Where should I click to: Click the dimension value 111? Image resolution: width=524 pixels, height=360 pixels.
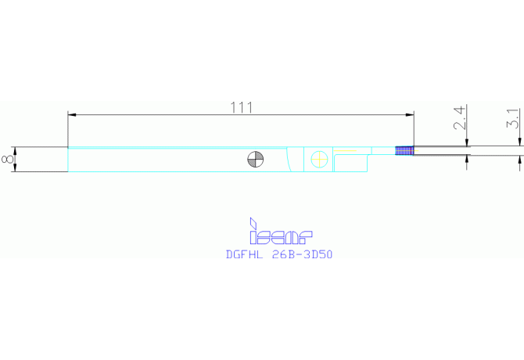[242, 108]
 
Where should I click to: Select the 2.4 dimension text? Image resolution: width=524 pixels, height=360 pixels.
[460, 117]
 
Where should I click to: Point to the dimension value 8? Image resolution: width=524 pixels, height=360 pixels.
[7, 159]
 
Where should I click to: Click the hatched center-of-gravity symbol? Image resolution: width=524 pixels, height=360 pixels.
[256, 159]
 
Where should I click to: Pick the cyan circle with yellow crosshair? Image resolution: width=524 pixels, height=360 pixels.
[319, 159]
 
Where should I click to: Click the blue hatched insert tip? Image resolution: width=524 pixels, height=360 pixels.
[404, 151]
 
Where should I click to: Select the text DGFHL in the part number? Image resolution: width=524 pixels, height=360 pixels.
[244, 254]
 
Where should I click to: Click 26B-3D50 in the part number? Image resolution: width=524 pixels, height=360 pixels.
[303, 254]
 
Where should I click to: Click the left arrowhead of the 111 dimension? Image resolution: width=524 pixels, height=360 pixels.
[72, 115]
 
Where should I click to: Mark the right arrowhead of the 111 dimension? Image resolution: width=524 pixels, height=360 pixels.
[410, 115]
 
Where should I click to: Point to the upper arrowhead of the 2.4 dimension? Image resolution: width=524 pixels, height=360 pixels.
[467, 142]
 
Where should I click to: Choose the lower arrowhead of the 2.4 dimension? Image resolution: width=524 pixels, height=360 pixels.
[467, 160]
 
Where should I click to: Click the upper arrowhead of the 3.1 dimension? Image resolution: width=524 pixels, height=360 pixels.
[519, 142]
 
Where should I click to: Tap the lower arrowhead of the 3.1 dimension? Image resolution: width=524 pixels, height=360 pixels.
[519, 160]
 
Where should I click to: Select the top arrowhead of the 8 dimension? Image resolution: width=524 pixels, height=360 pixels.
[14, 151]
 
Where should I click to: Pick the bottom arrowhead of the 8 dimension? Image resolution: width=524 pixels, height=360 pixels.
[14, 167]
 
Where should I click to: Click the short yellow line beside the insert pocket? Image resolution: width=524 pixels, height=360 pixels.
[345, 151]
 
